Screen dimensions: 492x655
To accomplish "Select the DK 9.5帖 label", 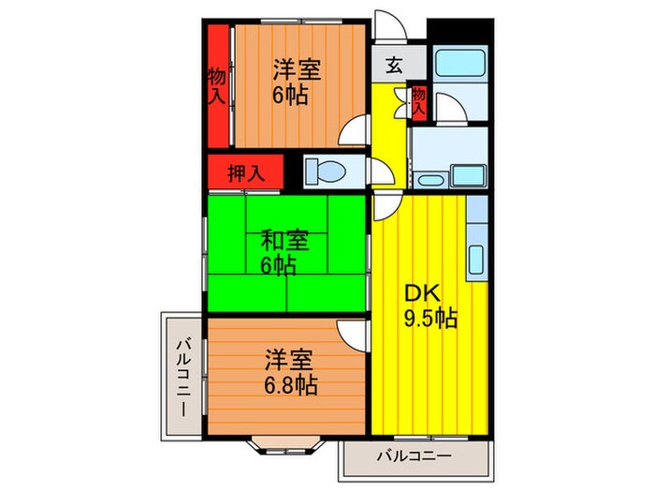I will [x=429, y=306].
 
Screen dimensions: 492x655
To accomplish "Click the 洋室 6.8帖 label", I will [x=288, y=371].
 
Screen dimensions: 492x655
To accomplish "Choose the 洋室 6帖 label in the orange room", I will [x=297, y=82].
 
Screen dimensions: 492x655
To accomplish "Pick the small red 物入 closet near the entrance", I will [x=418, y=101].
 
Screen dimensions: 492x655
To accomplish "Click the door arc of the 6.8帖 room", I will [x=353, y=332].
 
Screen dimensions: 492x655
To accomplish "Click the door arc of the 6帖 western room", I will [x=352, y=132].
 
